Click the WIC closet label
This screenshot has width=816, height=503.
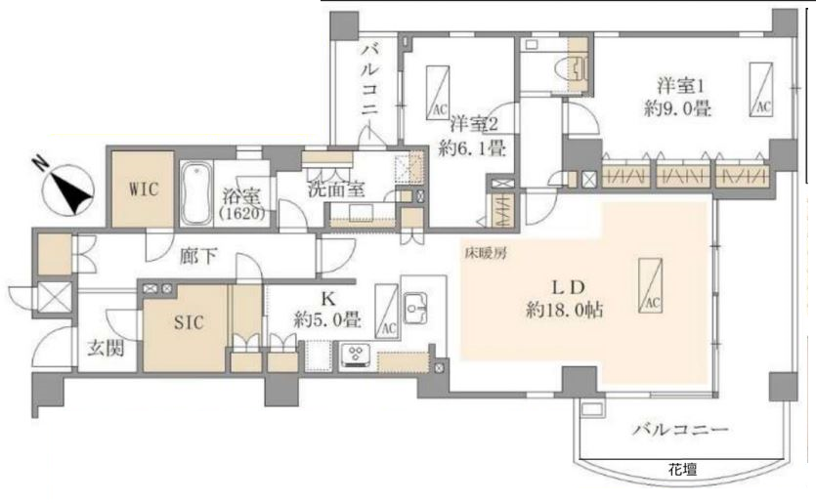[x=143, y=189]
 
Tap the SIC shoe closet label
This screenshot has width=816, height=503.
[x=189, y=322]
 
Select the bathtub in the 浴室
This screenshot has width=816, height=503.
[x=196, y=194]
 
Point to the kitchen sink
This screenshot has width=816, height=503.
[x=415, y=309]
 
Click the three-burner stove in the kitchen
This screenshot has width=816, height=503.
[x=356, y=356]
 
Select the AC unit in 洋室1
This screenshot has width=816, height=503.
[x=760, y=90]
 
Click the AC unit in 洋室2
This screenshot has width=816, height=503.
[x=438, y=93]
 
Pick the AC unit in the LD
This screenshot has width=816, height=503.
[x=650, y=285]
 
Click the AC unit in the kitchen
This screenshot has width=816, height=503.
[x=387, y=311]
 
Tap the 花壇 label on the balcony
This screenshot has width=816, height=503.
[x=682, y=470]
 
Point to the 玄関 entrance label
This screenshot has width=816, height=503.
[x=106, y=349]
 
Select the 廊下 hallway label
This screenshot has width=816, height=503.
[x=198, y=255]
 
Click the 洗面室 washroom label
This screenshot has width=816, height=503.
[x=336, y=189]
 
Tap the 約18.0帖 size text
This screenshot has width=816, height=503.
[x=565, y=311]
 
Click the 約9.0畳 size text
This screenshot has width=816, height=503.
[x=677, y=109]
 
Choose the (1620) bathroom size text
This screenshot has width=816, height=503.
[x=242, y=213]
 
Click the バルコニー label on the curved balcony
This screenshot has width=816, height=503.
[x=679, y=429]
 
